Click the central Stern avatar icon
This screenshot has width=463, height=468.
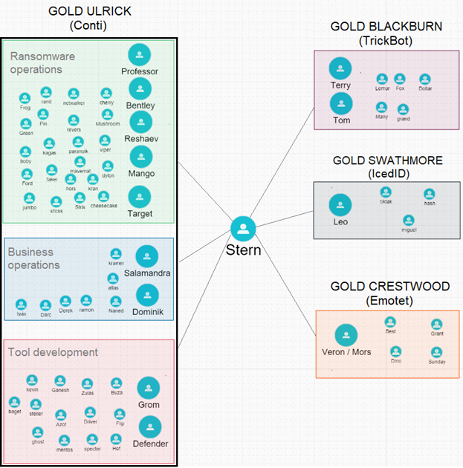(243, 228)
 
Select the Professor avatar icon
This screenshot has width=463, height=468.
(139, 55)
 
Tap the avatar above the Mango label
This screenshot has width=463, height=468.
(141, 157)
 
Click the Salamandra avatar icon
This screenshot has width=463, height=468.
(146, 256)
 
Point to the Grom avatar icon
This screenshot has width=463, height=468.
(149, 388)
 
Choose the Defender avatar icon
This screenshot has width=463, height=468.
(150, 426)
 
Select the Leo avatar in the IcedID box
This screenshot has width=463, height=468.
(340, 204)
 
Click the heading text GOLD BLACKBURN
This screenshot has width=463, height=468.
(386, 27)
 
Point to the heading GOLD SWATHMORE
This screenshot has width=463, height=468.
(387, 160)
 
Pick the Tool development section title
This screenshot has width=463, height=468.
(53, 351)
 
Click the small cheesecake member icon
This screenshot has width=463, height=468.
(103, 197)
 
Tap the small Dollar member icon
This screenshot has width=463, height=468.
(424, 79)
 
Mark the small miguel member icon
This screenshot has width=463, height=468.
(408, 220)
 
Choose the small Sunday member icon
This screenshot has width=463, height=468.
(437, 351)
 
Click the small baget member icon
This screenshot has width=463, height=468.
(15, 401)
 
